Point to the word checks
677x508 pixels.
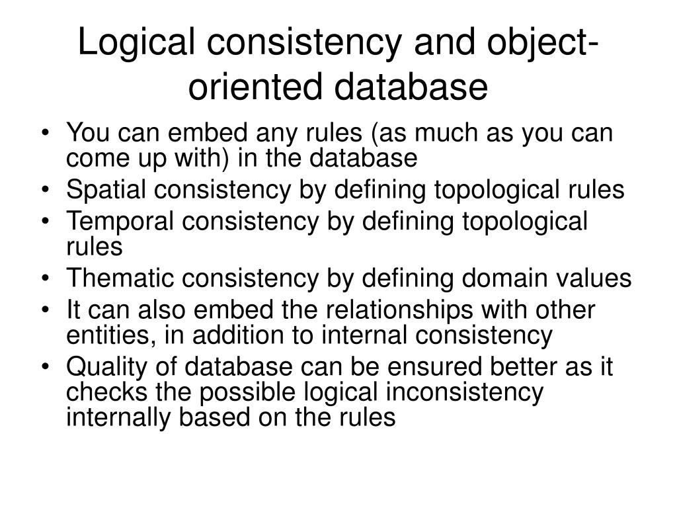(106, 392)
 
